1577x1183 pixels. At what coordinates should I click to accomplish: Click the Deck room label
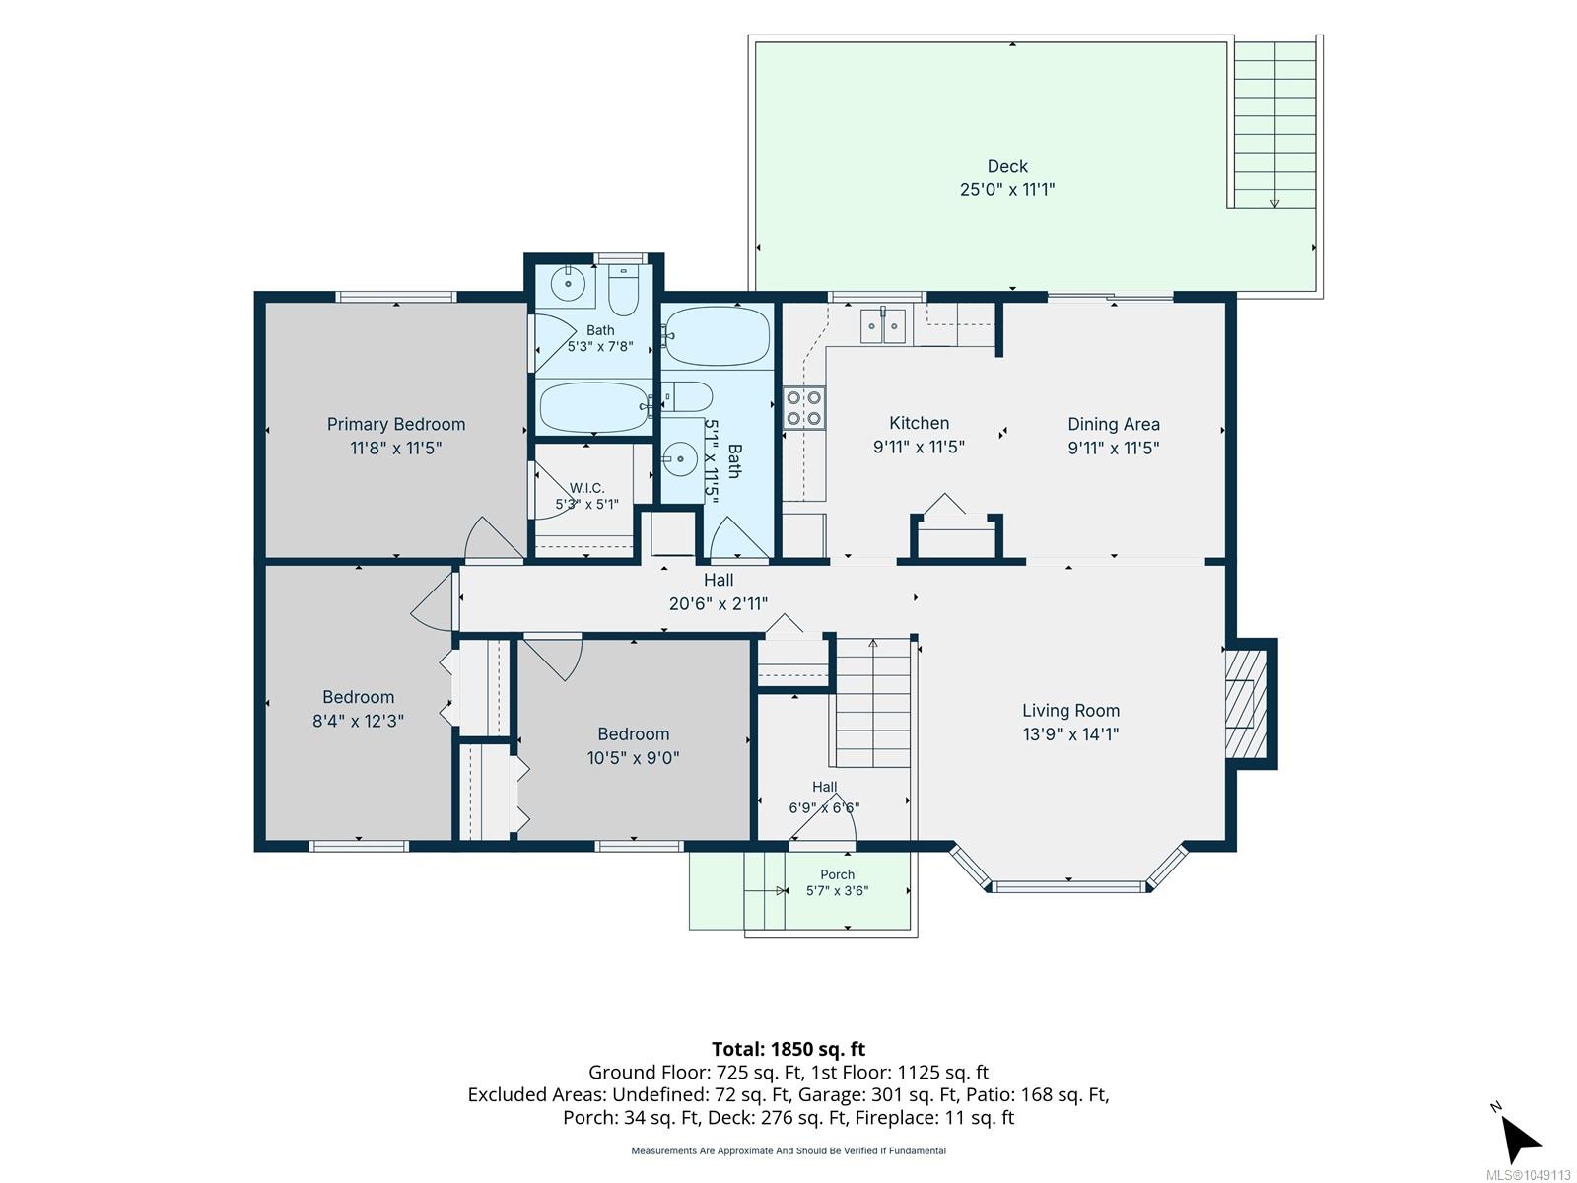click(x=1006, y=166)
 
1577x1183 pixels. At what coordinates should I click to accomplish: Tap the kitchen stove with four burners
click(x=803, y=408)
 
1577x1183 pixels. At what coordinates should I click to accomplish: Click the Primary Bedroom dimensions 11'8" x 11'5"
click(x=395, y=449)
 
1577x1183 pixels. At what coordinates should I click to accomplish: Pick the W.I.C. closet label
click(x=587, y=488)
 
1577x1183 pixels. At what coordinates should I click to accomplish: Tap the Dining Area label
click(x=1113, y=425)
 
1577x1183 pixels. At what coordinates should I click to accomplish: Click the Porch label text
click(x=837, y=874)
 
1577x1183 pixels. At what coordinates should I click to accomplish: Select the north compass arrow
click(x=1520, y=1137)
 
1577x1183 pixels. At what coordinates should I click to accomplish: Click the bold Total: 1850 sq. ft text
click(x=788, y=1049)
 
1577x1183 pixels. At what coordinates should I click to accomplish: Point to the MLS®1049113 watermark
click(x=1528, y=1175)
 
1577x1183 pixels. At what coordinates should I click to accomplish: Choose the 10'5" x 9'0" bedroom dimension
click(x=633, y=758)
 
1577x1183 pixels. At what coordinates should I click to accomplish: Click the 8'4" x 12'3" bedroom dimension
click(x=358, y=721)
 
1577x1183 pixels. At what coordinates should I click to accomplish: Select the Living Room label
click(x=1070, y=711)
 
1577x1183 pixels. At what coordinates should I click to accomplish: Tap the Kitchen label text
click(x=919, y=423)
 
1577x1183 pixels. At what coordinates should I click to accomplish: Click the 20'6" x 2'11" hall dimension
click(x=718, y=604)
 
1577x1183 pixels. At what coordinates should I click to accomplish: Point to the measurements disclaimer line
click(x=788, y=1150)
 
